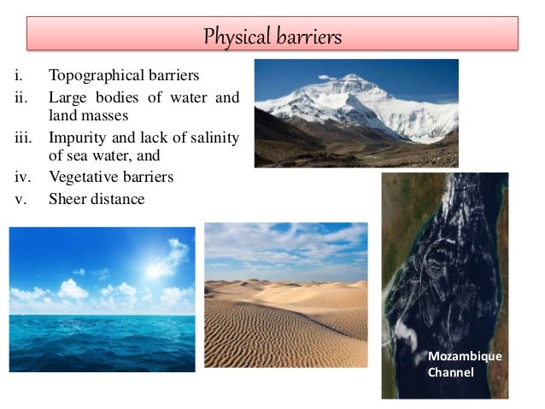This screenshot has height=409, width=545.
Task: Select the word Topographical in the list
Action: pos(93,76)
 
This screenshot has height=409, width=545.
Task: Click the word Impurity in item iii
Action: pos(76,137)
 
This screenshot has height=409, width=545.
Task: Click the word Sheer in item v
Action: pos(67,198)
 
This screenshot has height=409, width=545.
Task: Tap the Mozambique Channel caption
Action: pos(464,364)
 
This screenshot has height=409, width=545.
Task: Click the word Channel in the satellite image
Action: pos(450,371)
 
